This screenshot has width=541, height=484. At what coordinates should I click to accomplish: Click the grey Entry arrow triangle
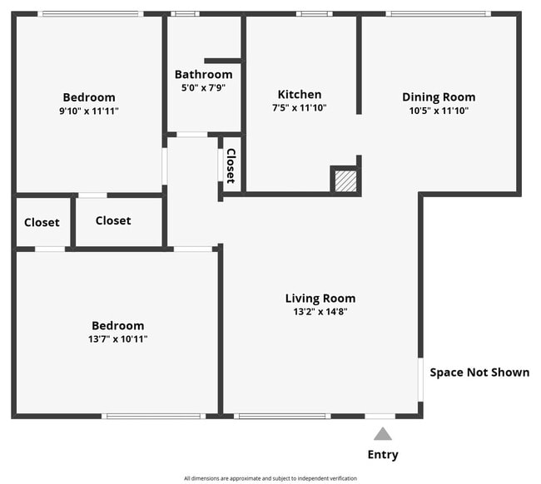point(383,434)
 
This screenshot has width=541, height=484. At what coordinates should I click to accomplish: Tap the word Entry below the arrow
point(383,455)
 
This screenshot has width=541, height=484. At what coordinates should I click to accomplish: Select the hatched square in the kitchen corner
point(345,181)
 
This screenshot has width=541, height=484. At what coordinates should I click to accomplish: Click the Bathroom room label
point(204,75)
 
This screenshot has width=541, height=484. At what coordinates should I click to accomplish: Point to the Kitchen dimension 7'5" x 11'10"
point(300,108)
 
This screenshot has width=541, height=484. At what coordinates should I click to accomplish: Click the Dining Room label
point(439,97)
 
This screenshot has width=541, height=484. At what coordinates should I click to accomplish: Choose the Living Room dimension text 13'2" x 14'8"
point(320,312)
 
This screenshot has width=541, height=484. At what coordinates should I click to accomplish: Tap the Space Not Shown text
point(479,373)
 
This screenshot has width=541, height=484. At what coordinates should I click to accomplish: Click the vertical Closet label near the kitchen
point(231,165)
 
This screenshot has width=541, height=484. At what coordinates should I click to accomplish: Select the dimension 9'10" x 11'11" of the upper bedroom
point(89,111)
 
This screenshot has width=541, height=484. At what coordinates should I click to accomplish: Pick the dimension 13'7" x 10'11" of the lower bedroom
point(118,338)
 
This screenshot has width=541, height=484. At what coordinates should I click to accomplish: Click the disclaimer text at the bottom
point(270,478)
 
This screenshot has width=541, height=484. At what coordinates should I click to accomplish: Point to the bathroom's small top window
point(186,14)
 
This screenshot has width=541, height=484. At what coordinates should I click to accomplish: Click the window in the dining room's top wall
point(438,14)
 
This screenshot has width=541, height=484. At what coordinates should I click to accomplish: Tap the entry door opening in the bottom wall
point(380,417)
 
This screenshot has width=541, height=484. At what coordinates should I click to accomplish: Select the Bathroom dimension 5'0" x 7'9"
point(204,88)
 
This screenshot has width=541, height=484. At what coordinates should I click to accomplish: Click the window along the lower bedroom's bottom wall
point(153,417)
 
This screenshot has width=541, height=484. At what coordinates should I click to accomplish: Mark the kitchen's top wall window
point(315,14)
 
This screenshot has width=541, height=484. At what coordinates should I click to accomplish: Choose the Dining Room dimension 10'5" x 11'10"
point(439,111)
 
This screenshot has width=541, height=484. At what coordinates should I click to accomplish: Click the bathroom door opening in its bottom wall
point(192,135)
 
